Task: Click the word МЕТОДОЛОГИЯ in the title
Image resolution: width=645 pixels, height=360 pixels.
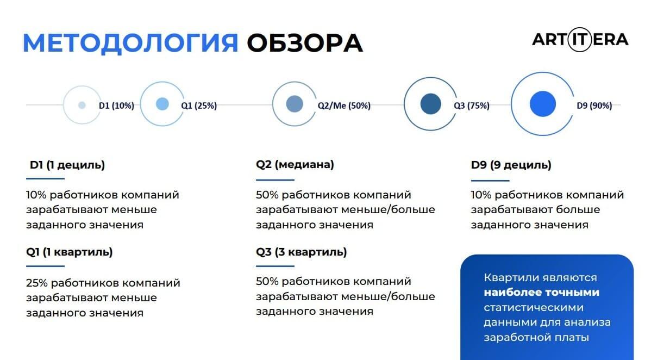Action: [x=130, y=44]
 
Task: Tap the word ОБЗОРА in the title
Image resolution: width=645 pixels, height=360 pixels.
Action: [x=305, y=44]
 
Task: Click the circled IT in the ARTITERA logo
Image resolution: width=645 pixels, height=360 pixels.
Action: [x=580, y=40]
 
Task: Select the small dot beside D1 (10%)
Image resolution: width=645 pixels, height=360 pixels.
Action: [x=82, y=105]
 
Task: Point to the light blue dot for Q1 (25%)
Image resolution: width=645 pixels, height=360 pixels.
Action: [x=162, y=104]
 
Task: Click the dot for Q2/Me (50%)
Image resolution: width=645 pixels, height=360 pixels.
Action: [x=295, y=104]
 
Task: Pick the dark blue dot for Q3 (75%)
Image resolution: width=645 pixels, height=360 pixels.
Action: [x=431, y=104]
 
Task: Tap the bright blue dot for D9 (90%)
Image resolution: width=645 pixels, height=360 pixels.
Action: [x=543, y=104]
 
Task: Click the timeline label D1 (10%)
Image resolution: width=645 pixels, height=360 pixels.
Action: [x=116, y=106]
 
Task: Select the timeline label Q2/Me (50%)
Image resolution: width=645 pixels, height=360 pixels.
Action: [x=344, y=106]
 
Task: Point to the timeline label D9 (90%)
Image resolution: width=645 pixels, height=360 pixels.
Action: [x=594, y=106]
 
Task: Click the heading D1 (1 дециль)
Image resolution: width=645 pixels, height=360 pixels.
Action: [x=67, y=165]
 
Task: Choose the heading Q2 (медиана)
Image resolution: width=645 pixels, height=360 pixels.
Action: [x=295, y=165]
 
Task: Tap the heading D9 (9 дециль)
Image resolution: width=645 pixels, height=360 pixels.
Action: [x=511, y=165]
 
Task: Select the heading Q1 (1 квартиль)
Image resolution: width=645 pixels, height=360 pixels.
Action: [x=69, y=252]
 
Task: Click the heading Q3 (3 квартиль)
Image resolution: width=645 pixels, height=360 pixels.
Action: [x=301, y=252]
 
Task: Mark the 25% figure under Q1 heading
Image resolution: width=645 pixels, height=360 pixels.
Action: [x=36, y=283]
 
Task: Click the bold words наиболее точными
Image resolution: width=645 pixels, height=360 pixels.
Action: [x=541, y=293]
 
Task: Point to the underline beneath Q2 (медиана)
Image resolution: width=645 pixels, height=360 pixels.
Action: [x=275, y=180]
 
